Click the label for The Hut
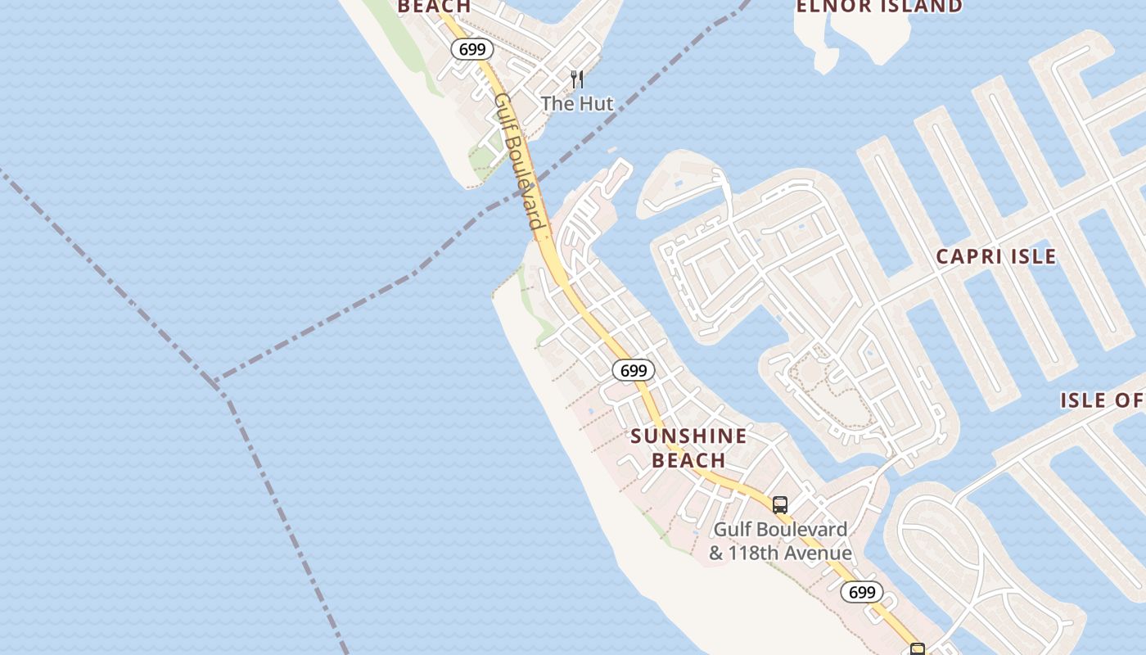[576, 104]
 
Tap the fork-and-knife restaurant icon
[577, 79]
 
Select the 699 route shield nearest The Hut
[472, 49]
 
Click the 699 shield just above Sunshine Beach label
[634, 370]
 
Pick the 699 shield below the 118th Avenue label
[862, 592]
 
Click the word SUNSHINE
[688, 436]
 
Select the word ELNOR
[832, 7]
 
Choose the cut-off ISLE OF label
[1102, 400]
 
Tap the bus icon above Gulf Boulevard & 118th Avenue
[780, 504]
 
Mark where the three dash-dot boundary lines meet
[216, 383]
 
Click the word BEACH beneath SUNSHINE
[688, 461]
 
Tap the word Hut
[596, 104]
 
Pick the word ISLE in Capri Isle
[1032, 256]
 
